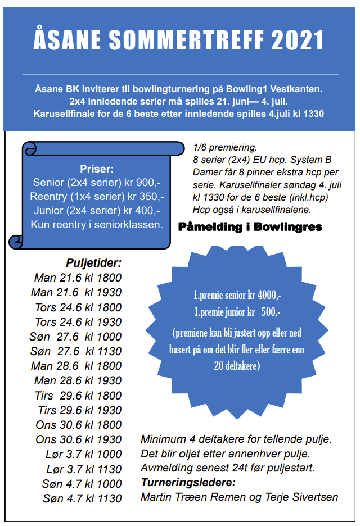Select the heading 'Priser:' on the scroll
click(x=97, y=169)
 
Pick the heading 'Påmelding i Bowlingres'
click(x=250, y=227)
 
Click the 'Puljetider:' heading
click(x=93, y=262)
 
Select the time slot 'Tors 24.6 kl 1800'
click(x=78, y=307)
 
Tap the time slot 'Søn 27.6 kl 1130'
click(x=75, y=351)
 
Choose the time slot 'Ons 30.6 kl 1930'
click(x=79, y=439)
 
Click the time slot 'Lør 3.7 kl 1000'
click(x=83, y=454)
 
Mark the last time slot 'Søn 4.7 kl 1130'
click(x=82, y=498)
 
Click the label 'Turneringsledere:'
click(x=187, y=483)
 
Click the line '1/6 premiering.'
click(x=224, y=148)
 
